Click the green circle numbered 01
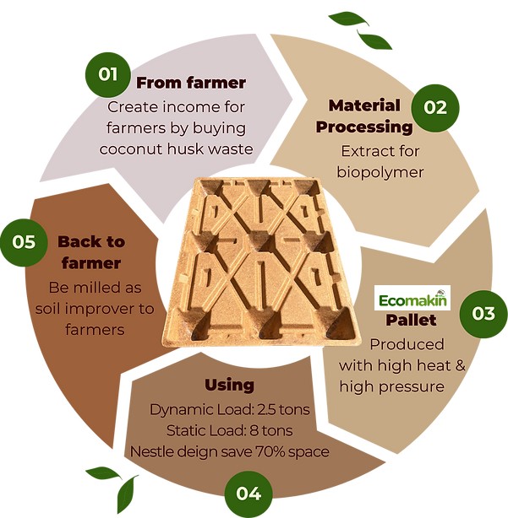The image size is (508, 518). (107, 74)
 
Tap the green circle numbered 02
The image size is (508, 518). (435, 108)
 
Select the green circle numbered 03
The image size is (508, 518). (483, 313)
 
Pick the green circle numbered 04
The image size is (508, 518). (249, 494)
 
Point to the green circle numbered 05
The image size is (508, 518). (24, 242)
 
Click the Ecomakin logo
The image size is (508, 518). (412, 298)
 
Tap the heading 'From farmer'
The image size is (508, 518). (191, 83)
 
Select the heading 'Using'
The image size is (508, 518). (229, 386)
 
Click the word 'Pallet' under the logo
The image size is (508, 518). (411, 320)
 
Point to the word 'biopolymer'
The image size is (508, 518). (380, 172)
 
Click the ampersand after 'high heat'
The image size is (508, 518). (461, 365)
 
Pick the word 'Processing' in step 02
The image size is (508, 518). (364, 127)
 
